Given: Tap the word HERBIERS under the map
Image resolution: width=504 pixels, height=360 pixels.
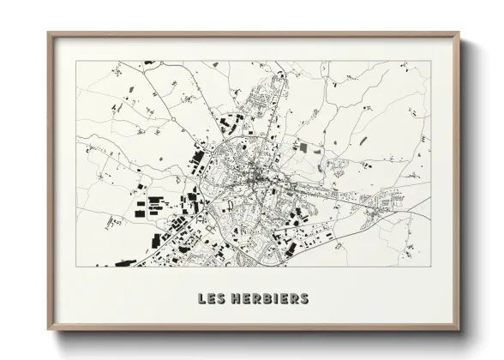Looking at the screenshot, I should [270, 299].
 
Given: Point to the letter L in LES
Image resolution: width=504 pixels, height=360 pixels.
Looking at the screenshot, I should [201, 299].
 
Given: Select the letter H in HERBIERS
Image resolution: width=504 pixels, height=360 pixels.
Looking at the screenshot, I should [235, 299].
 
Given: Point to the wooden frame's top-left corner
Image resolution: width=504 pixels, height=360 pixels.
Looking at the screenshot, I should [48, 33].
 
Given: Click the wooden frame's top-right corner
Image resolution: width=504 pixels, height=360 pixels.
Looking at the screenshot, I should [459, 33].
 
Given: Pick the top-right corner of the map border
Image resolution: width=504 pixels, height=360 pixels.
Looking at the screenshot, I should [430, 61].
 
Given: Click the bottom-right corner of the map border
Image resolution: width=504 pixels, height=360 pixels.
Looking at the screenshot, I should [430, 267].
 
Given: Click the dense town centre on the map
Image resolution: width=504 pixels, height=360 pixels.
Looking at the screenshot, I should [257, 178].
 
